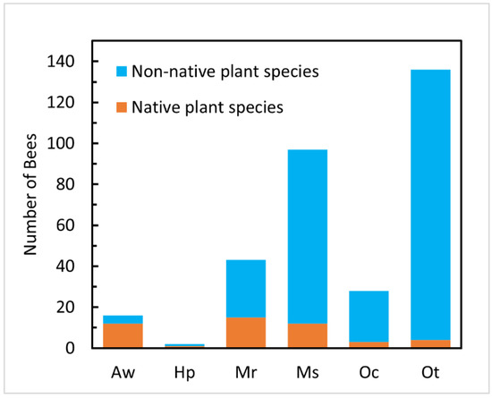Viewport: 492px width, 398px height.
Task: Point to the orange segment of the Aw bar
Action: click(123, 335)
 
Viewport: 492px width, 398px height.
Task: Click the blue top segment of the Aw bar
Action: click(123, 318)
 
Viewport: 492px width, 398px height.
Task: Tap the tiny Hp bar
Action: click(184, 345)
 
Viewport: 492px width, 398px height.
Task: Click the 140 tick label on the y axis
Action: click(69, 62)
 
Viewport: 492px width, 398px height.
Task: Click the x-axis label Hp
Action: click(184, 368)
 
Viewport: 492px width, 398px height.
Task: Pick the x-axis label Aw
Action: click(123, 368)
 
